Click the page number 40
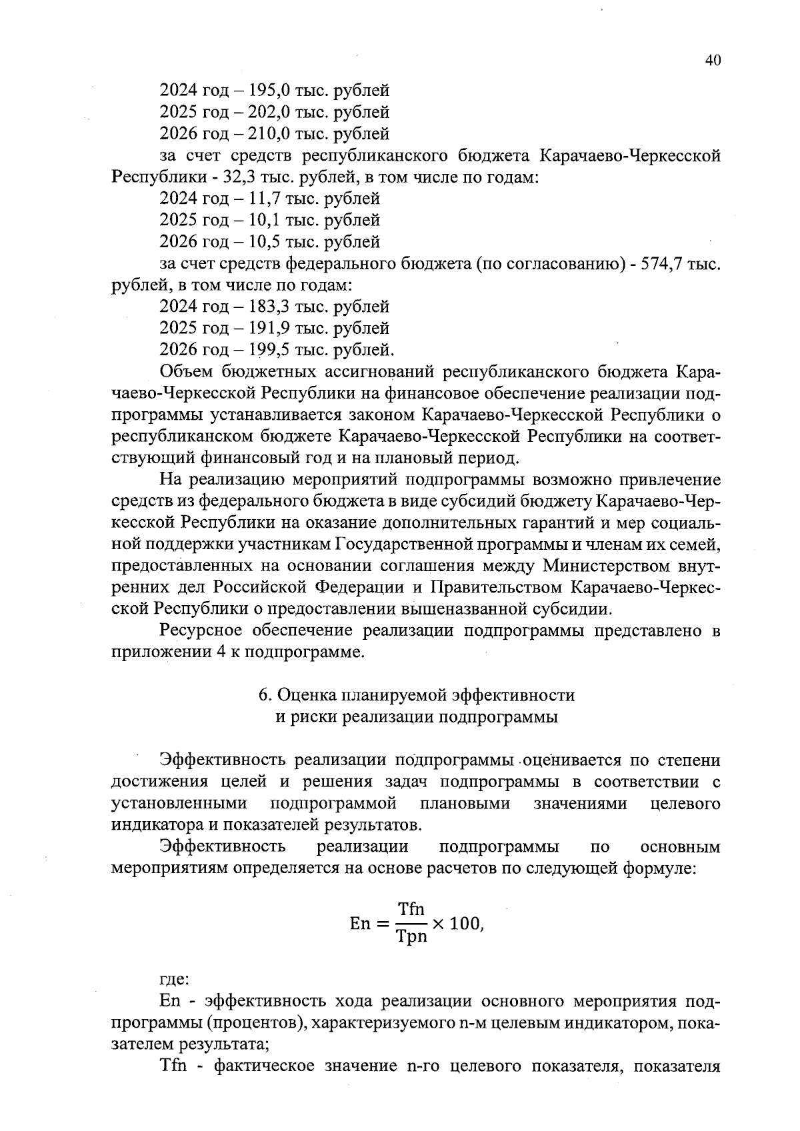pyautogui.click(x=712, y=61)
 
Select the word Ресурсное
pyautogui.click(x=201, y=630)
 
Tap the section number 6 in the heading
pyautogui.click(x=264, y=695)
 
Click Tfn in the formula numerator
pyautogui.click(x=411, y=909)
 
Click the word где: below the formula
pyautogui.click(x=175, y=980)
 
